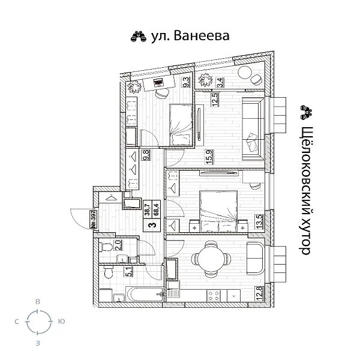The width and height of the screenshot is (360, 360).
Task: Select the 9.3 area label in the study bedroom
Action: [x=186, y=82]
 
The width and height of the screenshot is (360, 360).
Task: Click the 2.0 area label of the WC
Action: [x=118, y=245]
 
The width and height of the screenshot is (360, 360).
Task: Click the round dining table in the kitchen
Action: [x=210, y=259]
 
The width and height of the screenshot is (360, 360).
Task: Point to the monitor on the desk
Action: [x=158, y=83]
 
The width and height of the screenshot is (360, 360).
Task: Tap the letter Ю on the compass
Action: [x=61, y=322]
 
